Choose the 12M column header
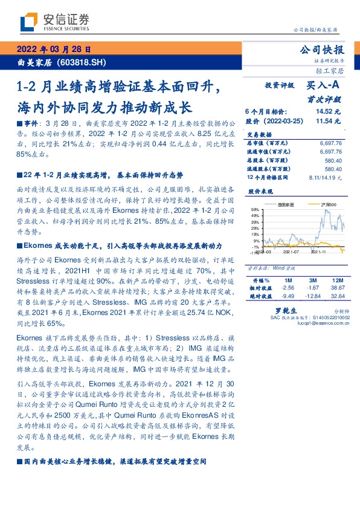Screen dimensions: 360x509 click(x=336, y=281)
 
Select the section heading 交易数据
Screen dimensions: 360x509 click(x=260, y=135)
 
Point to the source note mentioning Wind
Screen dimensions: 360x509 click(x=266, y=267)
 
